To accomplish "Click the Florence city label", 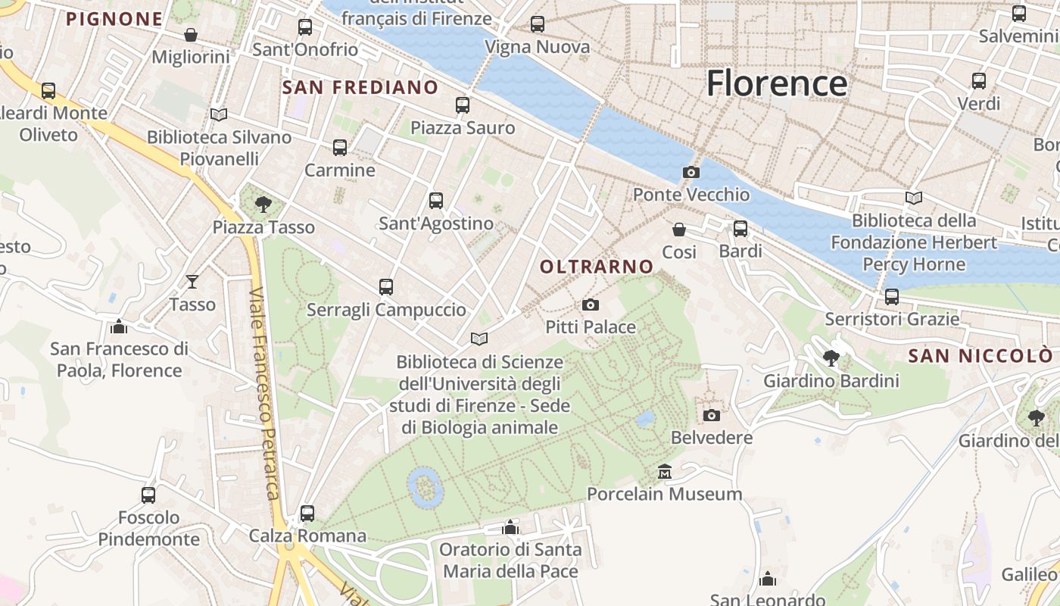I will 776,83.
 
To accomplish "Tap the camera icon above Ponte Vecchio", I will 691,172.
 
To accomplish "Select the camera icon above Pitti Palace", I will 591,305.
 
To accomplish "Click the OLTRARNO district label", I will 597,267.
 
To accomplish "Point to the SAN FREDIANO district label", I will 360,87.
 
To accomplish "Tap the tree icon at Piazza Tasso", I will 263,204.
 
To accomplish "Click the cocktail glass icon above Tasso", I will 192,282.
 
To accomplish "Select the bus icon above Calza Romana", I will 307,513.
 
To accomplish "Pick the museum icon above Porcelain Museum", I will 665,471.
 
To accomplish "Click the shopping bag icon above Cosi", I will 679,229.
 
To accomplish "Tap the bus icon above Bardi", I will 740,228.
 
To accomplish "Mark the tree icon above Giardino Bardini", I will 831,358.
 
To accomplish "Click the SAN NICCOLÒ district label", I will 980,356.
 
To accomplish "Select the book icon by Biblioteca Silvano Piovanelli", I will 219,114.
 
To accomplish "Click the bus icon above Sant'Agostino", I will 436,201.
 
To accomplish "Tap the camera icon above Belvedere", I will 711,415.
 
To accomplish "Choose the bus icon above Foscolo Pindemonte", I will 148,495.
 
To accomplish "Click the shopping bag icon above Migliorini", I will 191,35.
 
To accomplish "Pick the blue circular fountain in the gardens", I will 425,486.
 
